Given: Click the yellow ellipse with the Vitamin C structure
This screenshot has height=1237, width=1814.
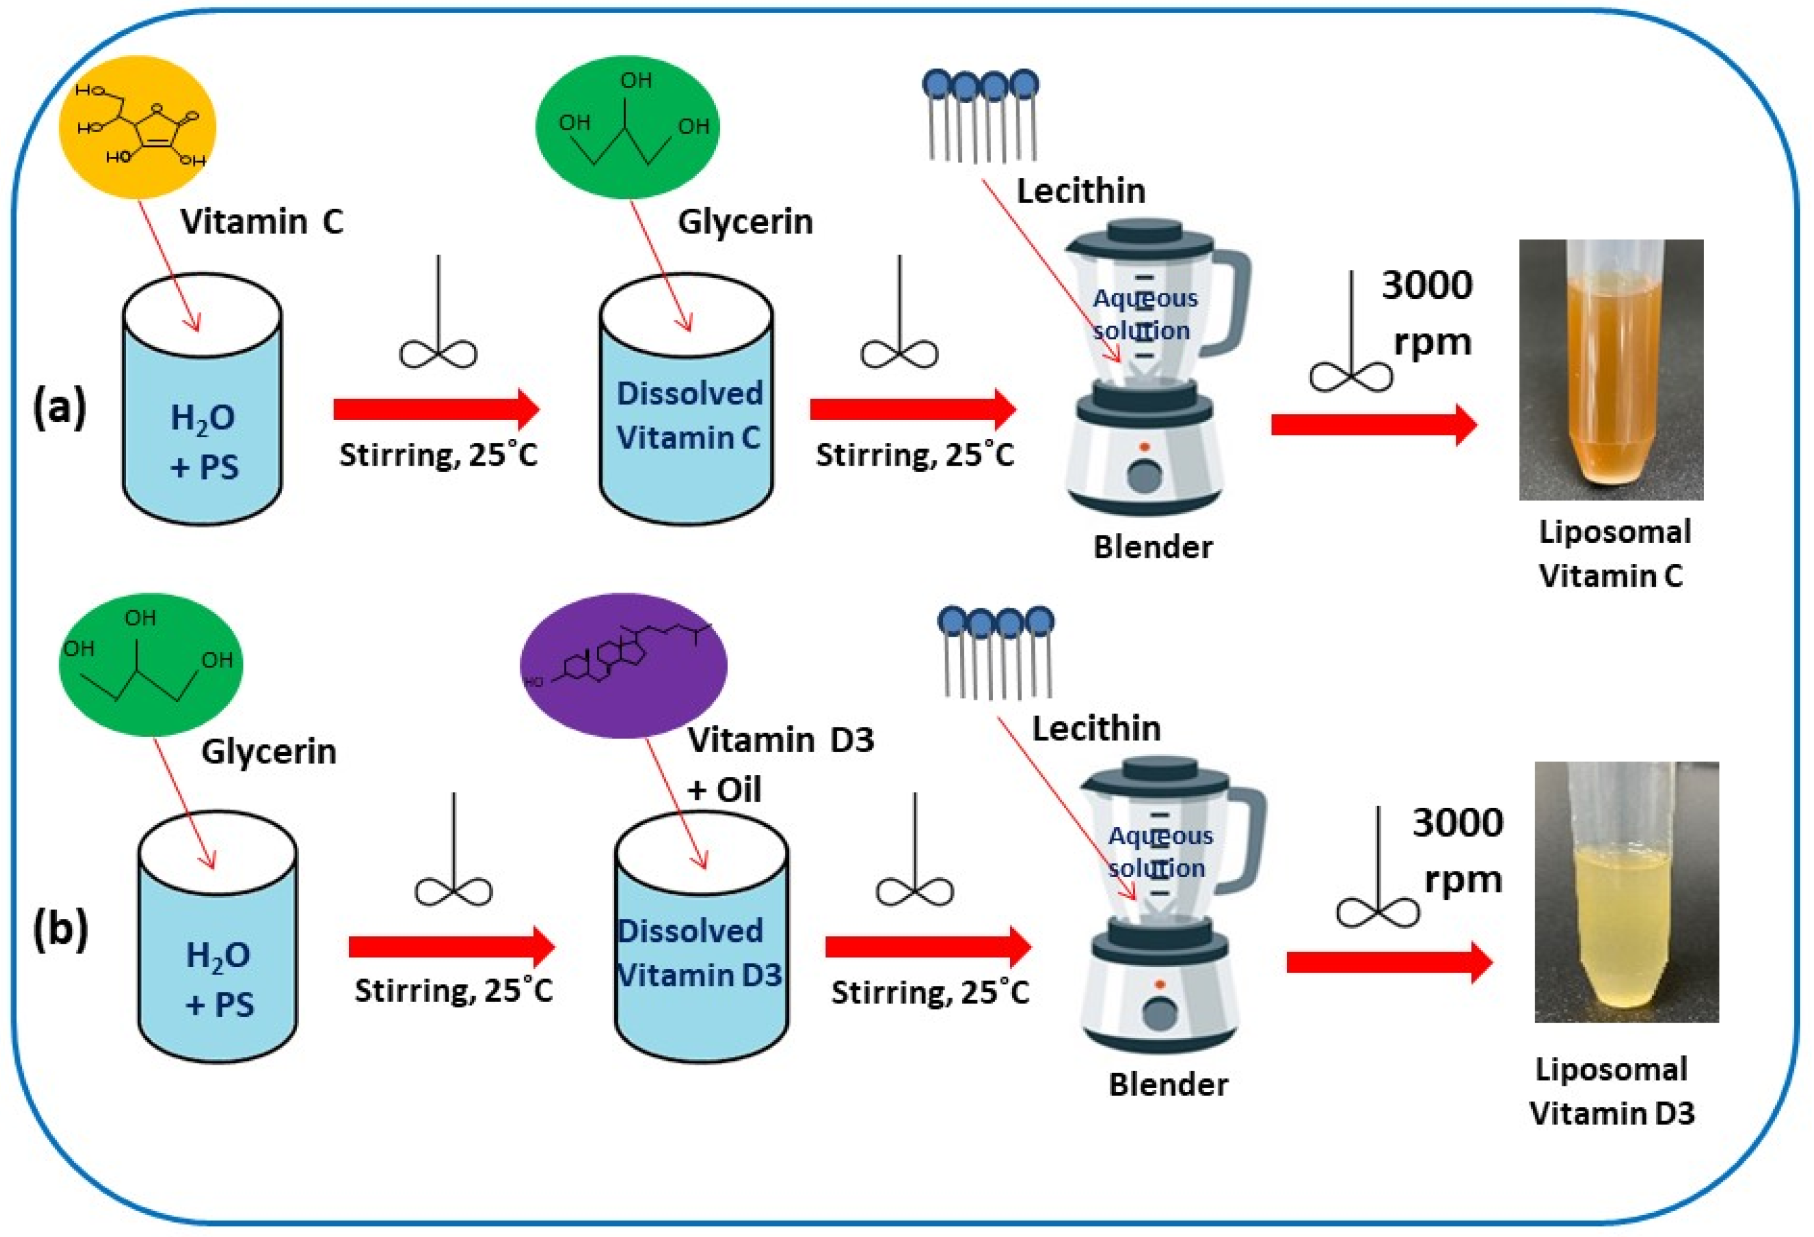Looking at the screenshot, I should [137, 127].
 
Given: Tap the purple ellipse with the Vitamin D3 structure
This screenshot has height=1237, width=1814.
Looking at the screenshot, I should [623, 665].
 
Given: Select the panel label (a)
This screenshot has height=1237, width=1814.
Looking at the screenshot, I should [59, 408].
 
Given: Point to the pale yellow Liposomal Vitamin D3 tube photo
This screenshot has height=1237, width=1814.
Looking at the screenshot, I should [1626, 892].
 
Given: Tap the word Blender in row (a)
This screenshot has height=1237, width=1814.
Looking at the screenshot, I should [1152, 547].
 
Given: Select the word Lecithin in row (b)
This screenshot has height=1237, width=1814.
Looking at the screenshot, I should [1096, 728].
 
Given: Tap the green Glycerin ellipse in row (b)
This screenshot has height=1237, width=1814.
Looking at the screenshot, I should [151, 664].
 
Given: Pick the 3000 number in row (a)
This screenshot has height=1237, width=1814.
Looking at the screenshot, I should [1427, 285].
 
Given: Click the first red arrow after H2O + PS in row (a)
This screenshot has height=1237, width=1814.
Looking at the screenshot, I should [436, 409].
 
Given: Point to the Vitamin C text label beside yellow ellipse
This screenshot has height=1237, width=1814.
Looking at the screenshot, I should [261, 222].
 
